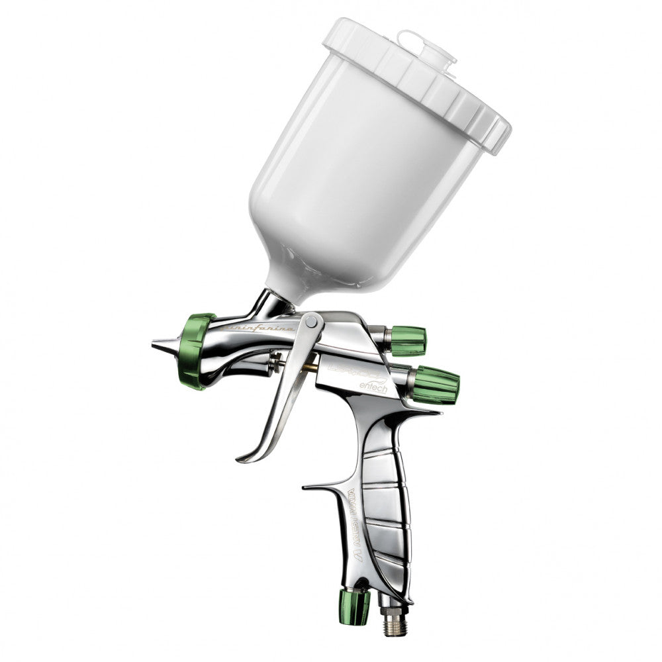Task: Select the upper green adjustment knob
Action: [407, 340]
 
